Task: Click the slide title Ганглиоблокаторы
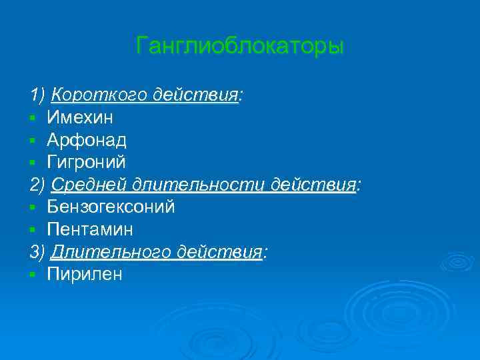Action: click(239, 46)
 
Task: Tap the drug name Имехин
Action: click(80, 118)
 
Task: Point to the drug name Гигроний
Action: click(86, 163)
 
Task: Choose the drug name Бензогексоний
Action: click(111, 207)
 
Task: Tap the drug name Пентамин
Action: click(90, 230)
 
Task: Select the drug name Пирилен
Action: click(85, 275)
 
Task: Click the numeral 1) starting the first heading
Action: click(37, 95)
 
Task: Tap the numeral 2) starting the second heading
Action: click(37, 185)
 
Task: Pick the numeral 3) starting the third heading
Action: click(37, 253)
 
